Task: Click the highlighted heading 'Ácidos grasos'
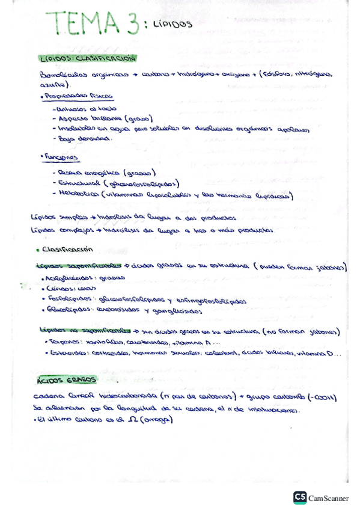(x=66, y=380)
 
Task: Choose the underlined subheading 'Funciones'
(x=61, y=157)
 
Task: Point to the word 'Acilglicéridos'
(x=69, y=278)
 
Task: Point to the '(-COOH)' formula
(x=323, y=398)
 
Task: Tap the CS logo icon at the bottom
(x=300, y=497)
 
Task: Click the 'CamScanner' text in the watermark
(x=328, y=498)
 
